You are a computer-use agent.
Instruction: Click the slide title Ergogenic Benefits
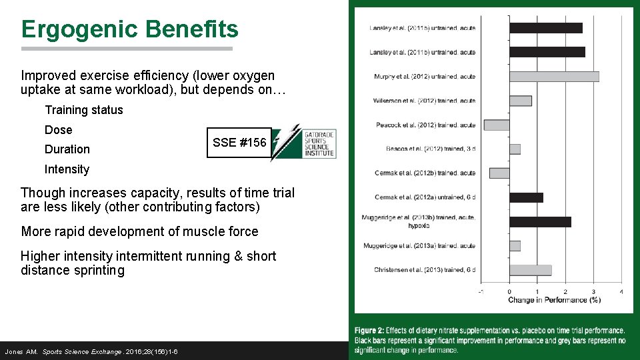pyautogui.click(x=129, y=29)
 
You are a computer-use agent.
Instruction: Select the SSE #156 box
pyautogui.click(x=239, y=143)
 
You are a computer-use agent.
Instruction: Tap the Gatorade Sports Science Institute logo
pyautogui.click(x=304, y=142)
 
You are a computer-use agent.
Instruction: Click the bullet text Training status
pyautogui.click(x=83, y=110)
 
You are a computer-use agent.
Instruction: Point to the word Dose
pyautogui.click(x=58, y=130)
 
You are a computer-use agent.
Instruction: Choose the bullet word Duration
pyautogui.click(x=67, y=149)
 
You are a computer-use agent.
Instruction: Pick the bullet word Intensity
pyautogui.click(x=67, y=169)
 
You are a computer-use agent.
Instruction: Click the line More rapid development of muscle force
pyautogui.click(x=139, y=231)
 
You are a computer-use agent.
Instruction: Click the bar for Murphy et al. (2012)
pyautogui.click(x=554, y=77)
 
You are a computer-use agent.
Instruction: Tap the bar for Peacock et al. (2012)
pyautogui.click(x=497, y=125)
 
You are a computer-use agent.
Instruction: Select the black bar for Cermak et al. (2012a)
pyautogui.click(x=526, y=197)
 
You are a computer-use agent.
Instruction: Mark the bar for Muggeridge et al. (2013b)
pyautogui.click(x=540, y=221)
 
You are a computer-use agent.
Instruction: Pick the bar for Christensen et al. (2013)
pyautogui.click(x=530, y=270)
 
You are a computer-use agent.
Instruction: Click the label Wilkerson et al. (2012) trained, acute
pyautogui.click(x=424, y=101)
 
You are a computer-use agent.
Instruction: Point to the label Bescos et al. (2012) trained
pyautogui.click(x=431, y=149)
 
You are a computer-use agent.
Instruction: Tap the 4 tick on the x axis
pyautogui.click(x=621, y=291)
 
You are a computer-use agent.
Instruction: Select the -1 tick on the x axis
pyautogui.click(x=481, y=291)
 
